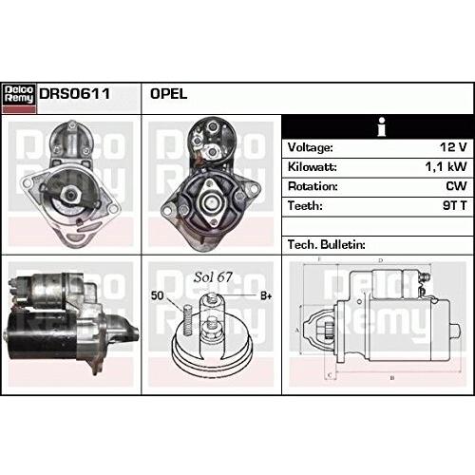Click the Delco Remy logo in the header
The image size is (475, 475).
[18, 94]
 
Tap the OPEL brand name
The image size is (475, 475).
[168, 94]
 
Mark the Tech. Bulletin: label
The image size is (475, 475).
[326, 244]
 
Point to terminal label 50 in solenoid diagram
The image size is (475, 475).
[158, 296]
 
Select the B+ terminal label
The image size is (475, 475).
[266, 296]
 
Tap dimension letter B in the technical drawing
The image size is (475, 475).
[391, 377]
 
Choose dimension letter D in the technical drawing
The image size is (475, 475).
[380, 259]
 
